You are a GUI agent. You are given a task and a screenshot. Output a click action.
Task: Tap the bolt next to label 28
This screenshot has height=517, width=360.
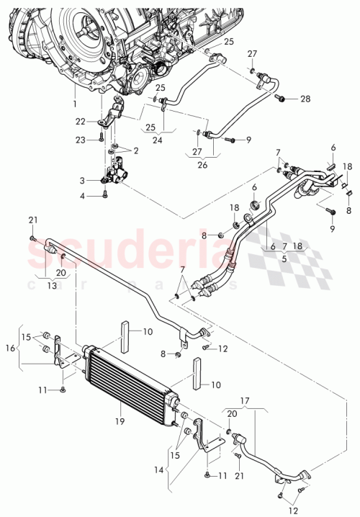[x=282, y=98]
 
